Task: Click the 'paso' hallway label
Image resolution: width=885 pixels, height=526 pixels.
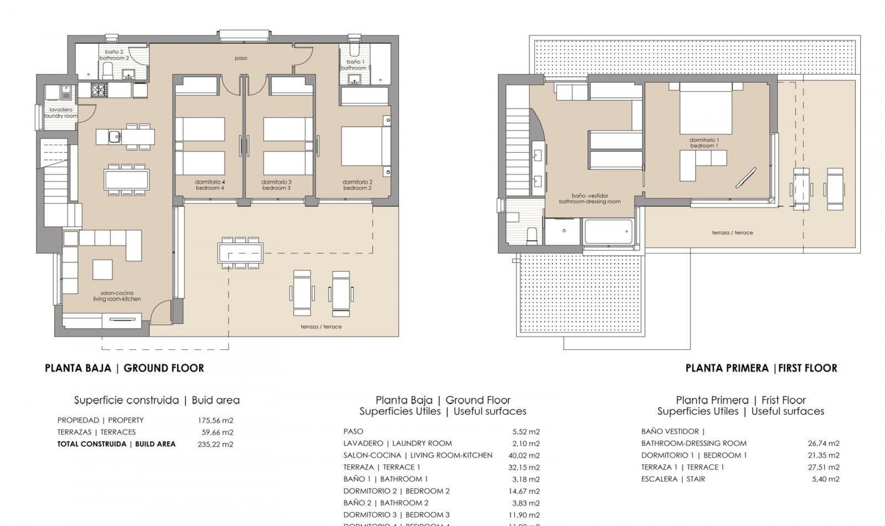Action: [x=241, y=58]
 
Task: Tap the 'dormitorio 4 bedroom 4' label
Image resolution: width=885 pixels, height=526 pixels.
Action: [x=210, y=185]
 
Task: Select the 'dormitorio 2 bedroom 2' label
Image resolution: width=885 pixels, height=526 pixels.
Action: [x=357, y=185]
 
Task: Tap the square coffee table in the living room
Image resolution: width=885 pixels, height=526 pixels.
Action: [x=102, y=269]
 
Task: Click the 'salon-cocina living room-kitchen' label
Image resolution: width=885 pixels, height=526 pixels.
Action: [x=117, y=296]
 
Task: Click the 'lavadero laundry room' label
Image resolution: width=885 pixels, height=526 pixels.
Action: [x=61, y=113]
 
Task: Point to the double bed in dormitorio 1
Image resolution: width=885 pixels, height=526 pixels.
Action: [x=706, y=111]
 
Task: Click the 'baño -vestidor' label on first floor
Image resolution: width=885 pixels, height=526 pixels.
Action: [x=590, y=198]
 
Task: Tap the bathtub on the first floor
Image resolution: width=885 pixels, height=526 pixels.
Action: [x=608, y=232]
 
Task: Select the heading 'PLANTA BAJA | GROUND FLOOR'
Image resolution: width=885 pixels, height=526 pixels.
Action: [x=124, y=368]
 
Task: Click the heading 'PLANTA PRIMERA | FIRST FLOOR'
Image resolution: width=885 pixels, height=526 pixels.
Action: [x=761, y=368]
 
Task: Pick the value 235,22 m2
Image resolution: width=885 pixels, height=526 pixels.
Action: [x=215, y=444]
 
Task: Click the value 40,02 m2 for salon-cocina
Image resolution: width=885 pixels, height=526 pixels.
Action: [x=525, y=455]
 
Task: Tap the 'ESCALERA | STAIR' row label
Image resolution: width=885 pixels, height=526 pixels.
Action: [x=673, y=479]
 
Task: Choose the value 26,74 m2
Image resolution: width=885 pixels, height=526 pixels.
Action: [x=823, y=443]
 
